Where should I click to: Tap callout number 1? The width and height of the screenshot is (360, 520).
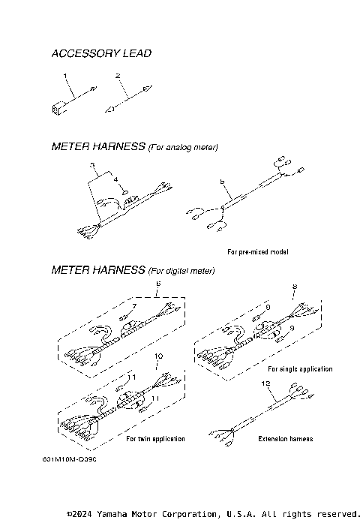(66, 76)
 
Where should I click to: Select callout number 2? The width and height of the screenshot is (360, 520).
(118, 76)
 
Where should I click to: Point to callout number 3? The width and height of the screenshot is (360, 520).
(91, 164)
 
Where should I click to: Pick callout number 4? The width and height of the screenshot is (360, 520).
(115, 179)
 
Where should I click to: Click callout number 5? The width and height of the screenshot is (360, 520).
(221, 182)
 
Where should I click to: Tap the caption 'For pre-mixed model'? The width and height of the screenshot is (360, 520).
(257, 251)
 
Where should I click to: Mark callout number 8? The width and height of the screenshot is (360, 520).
(294, 287)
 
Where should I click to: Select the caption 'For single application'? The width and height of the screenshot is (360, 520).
(299, 369)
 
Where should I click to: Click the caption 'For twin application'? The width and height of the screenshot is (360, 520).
(155, 438)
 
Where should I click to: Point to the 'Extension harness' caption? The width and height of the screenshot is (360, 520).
(285, 438)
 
